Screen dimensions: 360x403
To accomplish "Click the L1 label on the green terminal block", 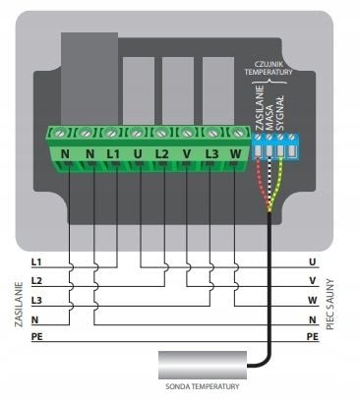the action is (113, 153).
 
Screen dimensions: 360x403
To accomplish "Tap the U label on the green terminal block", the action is (138, 153).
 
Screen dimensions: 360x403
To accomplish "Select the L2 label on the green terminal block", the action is (161, 153).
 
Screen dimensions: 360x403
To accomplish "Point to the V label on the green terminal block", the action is (186, 153).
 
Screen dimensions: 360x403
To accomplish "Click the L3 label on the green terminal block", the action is (211, 153).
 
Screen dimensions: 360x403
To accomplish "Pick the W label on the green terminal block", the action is (236, 153).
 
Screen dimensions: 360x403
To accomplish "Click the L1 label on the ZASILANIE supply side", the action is (36, 262).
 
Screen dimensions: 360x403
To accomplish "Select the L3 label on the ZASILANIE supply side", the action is (36, 301).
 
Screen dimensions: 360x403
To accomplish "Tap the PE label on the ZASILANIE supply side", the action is (37, 336).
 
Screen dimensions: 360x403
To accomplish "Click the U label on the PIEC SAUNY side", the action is (313, 262).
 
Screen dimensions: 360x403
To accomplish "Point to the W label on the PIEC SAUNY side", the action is (313, 301).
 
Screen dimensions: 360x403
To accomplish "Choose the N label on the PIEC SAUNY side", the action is (313, 319).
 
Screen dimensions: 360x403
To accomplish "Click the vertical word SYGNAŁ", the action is (279, 113).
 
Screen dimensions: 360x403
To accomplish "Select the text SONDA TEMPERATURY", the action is (203, 386).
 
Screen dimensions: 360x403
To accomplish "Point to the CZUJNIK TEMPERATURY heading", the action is (269, 68).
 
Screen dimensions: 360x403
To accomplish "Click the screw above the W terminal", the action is (236, 134).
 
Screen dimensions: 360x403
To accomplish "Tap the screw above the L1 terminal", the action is (111, 134).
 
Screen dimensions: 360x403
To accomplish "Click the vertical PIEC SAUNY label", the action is (330, 305).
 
